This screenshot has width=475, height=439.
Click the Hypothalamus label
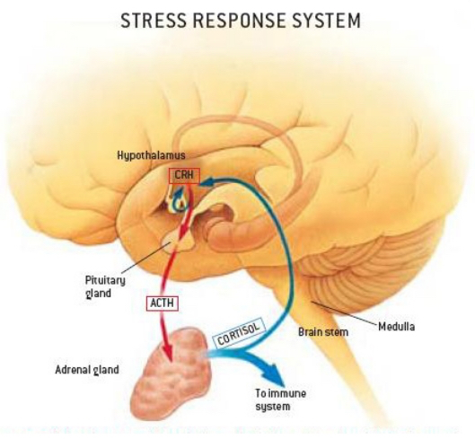(x=151, y=156)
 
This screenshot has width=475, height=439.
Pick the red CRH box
(x=184, y=176)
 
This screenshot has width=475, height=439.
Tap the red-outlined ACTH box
(x=162, y=303)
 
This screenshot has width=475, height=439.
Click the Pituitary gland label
(x=105, y=286)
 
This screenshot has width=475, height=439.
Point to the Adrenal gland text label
(x=87, y=370)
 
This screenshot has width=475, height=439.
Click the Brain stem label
(x=323, y=332)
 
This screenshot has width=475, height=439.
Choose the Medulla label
(x=397, y=327)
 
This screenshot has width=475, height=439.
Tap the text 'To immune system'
(x=280, y=399)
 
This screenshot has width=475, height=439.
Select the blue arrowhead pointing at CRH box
(x=208, y=181)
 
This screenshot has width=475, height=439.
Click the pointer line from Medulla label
(x=345, y=312)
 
